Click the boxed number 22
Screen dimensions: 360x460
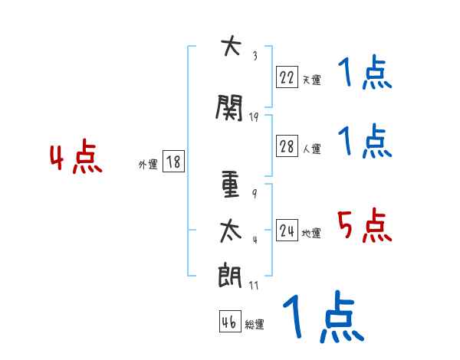point(287,77)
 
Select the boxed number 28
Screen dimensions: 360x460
point(287,147)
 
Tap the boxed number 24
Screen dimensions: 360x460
point(287,231)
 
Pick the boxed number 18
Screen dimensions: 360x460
point(173,162)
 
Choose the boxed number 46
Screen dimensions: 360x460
point(229,322)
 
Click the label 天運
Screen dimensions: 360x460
point(311,79)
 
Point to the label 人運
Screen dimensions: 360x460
point(311,149)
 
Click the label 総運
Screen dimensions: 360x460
point(255,325)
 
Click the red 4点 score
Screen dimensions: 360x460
point(75,159)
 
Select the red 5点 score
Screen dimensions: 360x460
point(364,226)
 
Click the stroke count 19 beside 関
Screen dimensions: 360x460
point(255,116)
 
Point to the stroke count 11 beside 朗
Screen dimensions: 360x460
point(255,285)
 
